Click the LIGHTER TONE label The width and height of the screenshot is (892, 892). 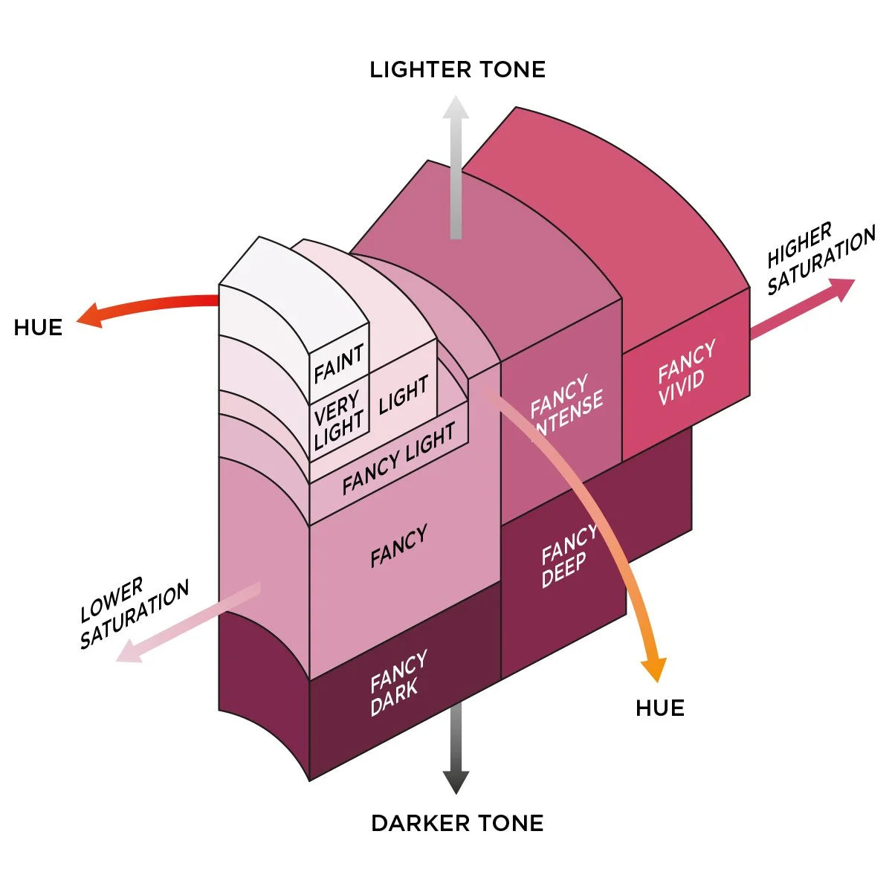[x=457, y=70]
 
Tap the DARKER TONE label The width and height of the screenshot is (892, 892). [x=457, y=823]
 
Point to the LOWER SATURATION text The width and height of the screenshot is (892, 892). [x=134, y=613]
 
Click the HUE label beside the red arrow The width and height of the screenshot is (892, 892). [x=38, y=328]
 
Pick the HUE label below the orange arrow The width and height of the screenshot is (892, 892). [x=660, y=708]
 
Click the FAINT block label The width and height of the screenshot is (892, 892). [x=339, y=362]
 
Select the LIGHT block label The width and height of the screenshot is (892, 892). [x=404, y=394]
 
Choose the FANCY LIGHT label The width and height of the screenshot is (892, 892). [x=398, y=459]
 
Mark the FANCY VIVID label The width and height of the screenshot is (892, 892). [x=685, y=372]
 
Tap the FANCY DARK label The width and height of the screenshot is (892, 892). [x=398, y=682]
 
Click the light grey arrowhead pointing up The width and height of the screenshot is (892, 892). [x=456, y=110]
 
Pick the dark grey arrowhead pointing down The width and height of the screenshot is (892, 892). [x=456, y=782]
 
